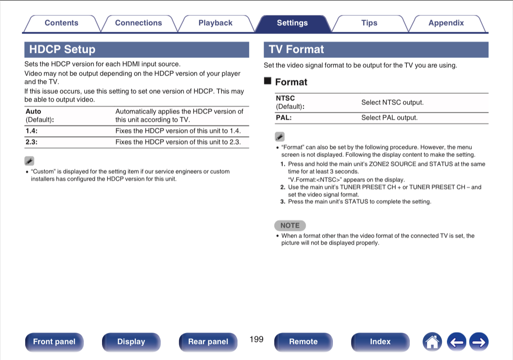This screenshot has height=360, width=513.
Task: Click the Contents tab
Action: [61, 23]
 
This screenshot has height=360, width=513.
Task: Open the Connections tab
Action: [138, 23]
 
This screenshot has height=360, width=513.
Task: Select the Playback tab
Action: [215, 23]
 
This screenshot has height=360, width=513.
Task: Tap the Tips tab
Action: [369, 23]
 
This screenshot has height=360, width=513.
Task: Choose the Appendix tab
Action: [446, 23]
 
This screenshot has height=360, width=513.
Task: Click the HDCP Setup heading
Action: [62, 50]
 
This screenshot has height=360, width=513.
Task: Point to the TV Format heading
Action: [297, 50]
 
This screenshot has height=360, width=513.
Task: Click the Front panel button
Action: [54, 341]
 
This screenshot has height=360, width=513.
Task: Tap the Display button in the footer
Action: [131, 341]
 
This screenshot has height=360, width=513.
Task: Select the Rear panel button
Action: [208, 341]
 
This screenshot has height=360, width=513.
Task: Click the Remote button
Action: [303, 341]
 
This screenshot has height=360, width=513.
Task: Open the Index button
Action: [380, 341]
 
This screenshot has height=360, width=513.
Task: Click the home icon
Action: [432, 341]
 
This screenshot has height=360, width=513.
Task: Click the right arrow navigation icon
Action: [479, 341]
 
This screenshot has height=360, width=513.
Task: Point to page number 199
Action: [256, 339]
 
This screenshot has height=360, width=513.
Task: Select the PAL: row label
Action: [284, 118]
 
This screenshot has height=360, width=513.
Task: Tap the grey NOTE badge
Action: [290, 225]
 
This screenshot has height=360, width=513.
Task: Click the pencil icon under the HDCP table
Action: [29, 161]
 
